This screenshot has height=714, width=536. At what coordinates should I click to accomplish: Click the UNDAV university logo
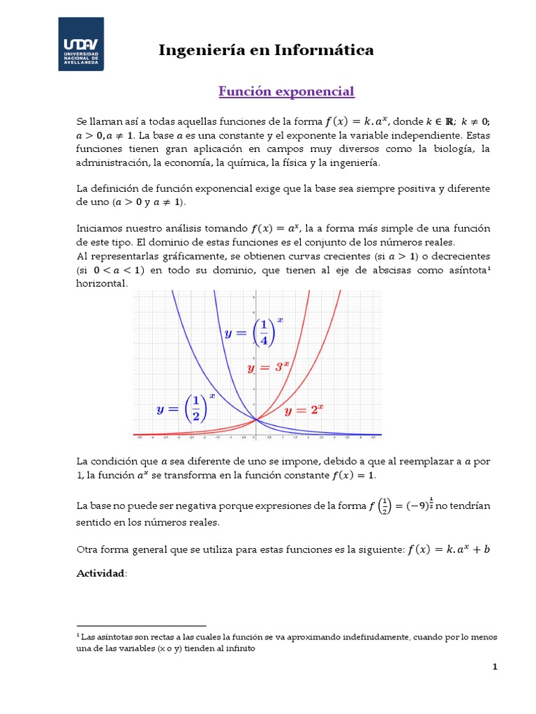80,43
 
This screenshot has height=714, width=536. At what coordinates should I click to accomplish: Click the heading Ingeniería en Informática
266,50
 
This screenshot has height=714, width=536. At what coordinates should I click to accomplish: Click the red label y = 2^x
305,410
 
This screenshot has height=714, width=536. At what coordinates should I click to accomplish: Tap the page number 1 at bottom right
495,667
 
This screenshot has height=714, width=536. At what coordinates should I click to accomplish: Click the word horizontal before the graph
102,283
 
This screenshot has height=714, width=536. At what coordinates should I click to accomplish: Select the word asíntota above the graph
467,271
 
